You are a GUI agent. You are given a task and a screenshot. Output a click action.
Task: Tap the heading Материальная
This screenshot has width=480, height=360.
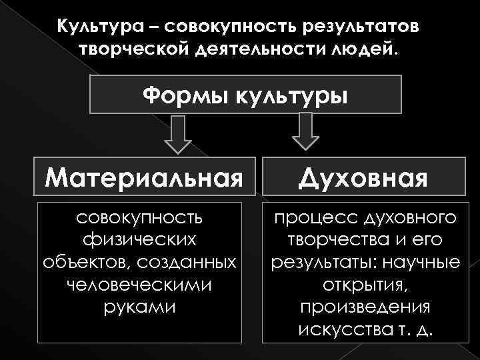(x=143, y=178)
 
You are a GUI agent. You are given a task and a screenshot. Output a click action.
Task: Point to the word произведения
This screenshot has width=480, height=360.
(x=365, y=307)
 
